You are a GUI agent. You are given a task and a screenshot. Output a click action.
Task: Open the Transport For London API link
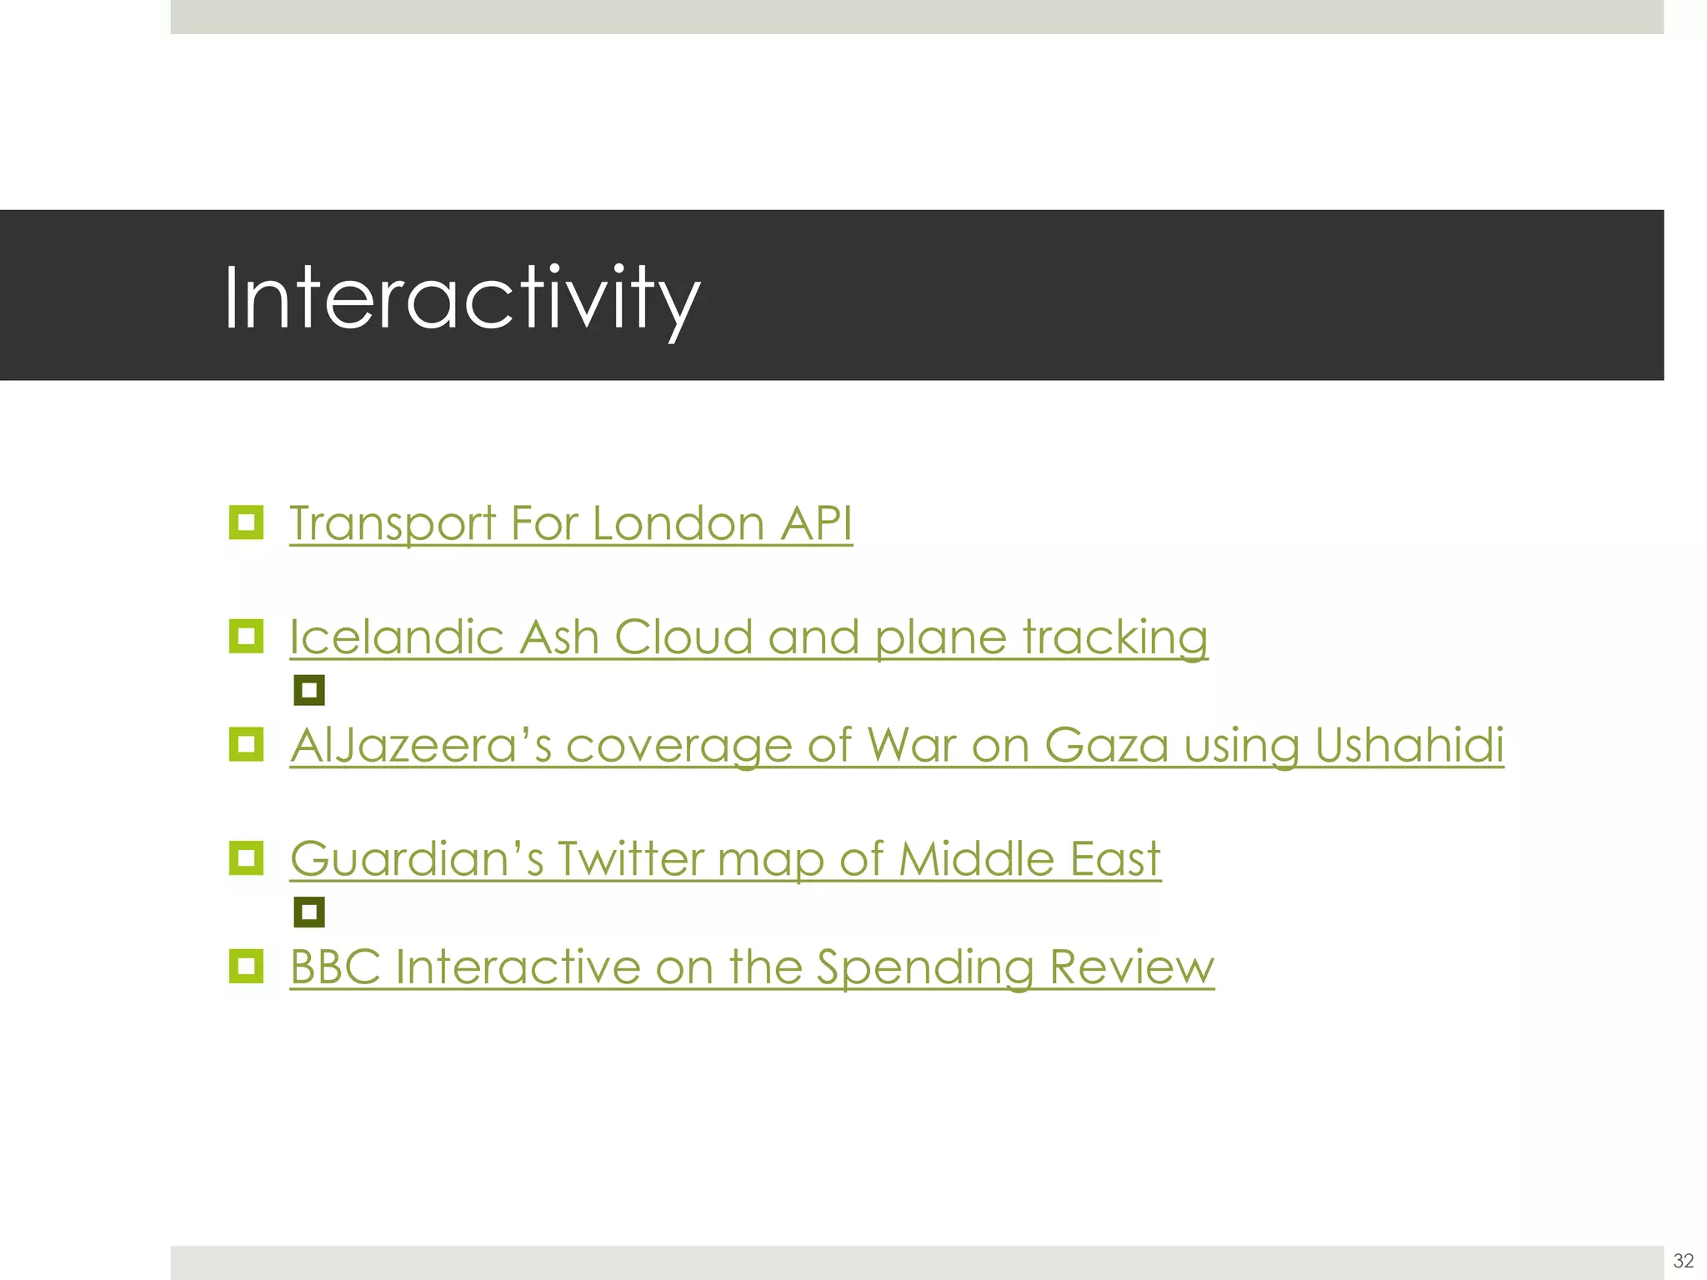[x=570, y=523]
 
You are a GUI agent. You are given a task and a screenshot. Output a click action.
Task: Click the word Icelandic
[x=396, y=637]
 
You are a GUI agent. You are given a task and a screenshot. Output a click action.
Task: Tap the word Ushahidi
[x=1409, y=745]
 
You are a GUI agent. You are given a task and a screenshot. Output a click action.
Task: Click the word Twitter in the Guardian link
[x=630, y=858]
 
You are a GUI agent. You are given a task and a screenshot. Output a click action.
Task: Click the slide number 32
[x=1683, y=1260]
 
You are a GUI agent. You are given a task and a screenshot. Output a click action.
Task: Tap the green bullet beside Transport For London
[x=246, y=522]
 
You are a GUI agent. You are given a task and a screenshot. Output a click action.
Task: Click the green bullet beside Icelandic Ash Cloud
[x=246, y=637]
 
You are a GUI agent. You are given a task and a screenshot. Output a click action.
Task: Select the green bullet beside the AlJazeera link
[x=246, y=744]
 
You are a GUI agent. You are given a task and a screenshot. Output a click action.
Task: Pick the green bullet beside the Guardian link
[x=246, y=857]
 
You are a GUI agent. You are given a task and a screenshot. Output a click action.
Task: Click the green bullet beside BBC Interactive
[x=246, y=966]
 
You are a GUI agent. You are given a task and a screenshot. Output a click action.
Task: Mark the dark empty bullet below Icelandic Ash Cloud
[x=309, y=690]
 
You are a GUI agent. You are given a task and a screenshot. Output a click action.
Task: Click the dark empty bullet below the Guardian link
[x=309, y=912]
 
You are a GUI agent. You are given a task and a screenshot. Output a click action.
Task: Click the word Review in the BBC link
[x=1131, y=967]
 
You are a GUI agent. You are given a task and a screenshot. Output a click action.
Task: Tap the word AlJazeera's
[x=421, y=745]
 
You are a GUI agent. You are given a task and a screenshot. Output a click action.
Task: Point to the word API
[x=816, y=523]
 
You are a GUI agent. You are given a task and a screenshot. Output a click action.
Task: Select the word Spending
[x=924, y=968]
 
